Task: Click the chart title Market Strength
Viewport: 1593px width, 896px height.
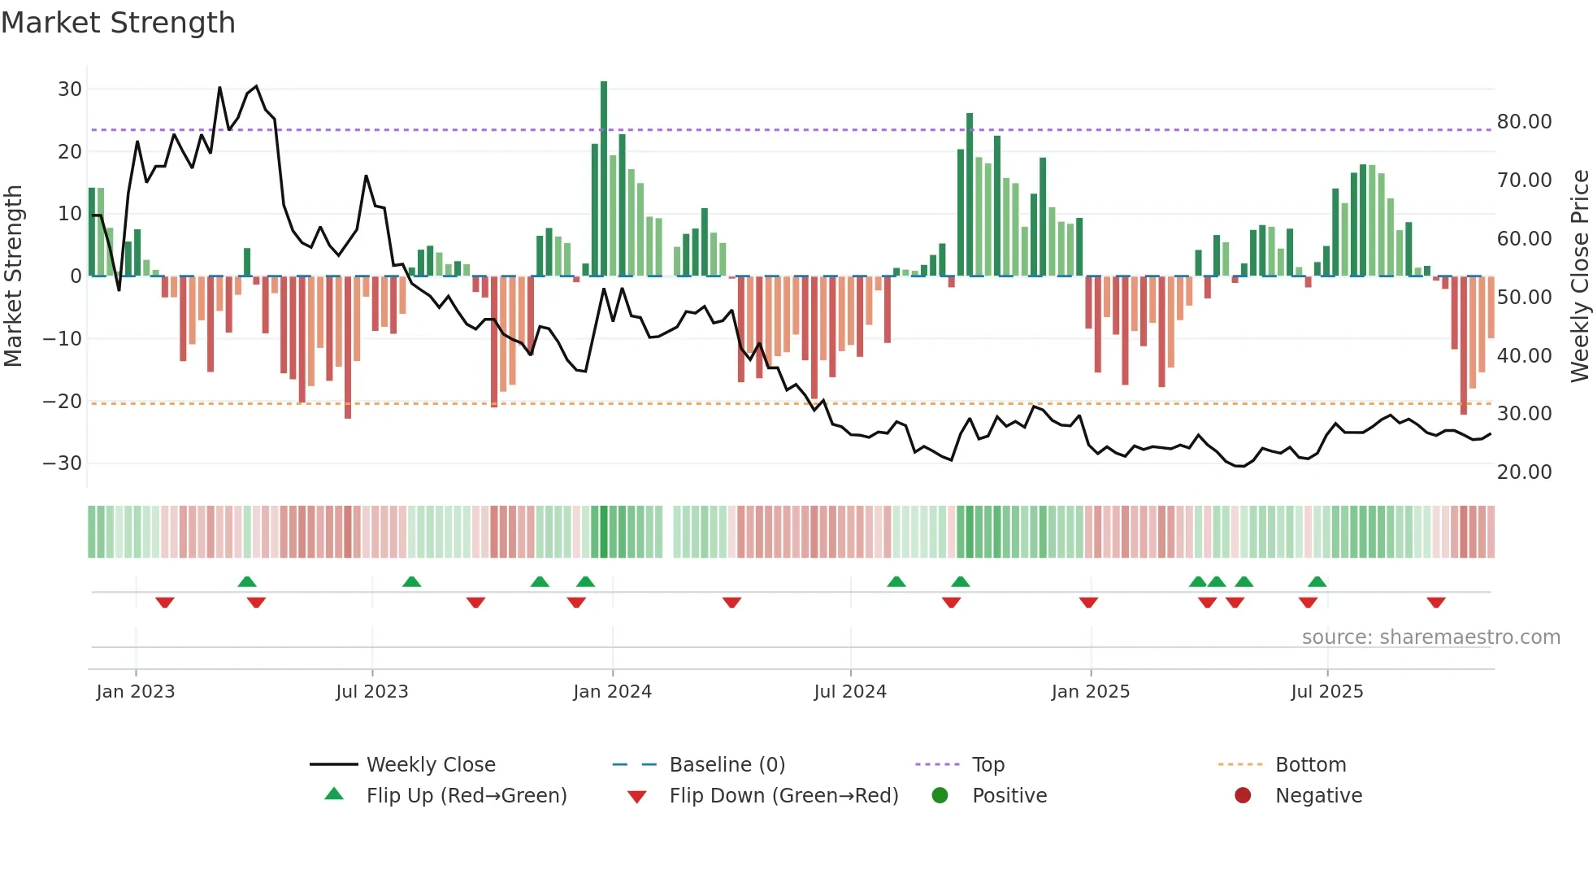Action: click(118, 23)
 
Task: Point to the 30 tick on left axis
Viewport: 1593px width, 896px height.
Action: click(70, 89)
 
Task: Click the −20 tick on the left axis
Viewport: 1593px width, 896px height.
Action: click(63, 401)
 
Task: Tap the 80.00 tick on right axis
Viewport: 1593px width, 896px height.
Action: click(1524, 122)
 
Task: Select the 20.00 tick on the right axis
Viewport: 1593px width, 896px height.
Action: click(1524, 472)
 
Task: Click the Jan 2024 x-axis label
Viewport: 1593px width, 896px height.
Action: click(612, 692)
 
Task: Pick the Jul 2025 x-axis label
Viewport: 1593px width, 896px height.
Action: click(1326, 692)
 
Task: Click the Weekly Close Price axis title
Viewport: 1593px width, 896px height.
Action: click(1579, 276)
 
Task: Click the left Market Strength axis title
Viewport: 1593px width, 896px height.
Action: click(14, 276)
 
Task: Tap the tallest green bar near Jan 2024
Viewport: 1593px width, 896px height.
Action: click(604, 179)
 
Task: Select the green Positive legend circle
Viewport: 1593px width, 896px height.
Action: click(940, 796)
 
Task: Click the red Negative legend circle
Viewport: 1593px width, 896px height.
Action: click(1243, 796)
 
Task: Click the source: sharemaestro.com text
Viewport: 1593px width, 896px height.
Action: click(1430, 637)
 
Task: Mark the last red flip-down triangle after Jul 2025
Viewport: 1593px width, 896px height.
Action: click(1436, 602)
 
